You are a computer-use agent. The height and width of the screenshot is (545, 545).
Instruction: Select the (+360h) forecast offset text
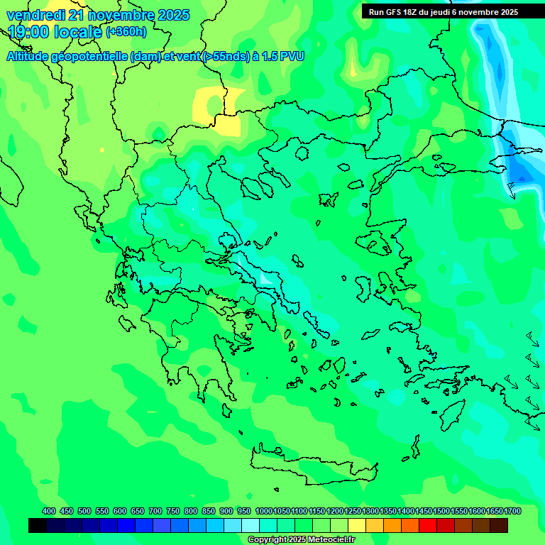tap(126, 31)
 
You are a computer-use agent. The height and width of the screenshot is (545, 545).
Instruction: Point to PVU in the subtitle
tap(292, 56)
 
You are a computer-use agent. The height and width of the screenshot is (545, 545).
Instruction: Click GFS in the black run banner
tap(394, 12)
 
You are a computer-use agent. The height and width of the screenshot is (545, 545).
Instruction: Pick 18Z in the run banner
tap(414, 12)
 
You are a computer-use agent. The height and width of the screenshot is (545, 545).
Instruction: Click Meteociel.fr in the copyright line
tap(327, 540)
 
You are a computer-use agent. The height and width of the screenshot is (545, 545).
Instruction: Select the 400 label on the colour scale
tap(49, 511)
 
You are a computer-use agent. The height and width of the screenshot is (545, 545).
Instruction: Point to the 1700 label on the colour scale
tap(512, 511)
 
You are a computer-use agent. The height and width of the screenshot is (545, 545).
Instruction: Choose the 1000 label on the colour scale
tap(264, 511)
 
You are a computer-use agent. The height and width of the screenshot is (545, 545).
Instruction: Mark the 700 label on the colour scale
tap(155, 511)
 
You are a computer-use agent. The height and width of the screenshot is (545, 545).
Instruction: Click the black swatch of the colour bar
tap(38, 525)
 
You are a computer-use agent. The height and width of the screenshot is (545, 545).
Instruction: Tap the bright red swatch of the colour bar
tap(428, 525)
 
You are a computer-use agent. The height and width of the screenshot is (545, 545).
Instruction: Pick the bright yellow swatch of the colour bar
tap(357, 525)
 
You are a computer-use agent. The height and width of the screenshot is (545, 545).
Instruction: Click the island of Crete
tap(312, 468)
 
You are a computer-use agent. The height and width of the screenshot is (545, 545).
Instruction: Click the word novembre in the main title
tap(121, 15)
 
